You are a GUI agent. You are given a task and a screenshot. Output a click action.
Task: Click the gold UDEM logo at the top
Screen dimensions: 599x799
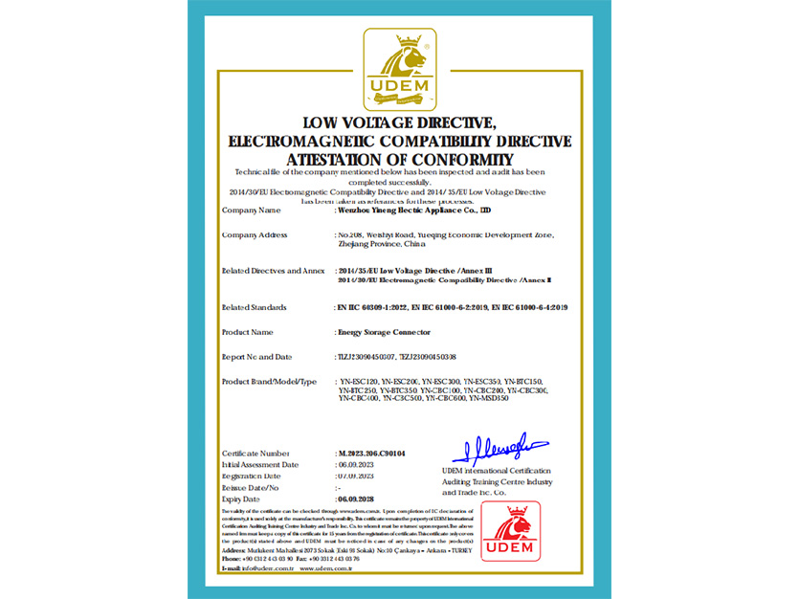(x=399, y=70)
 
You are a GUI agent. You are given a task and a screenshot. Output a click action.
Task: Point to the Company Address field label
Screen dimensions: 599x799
(x=255, y=234)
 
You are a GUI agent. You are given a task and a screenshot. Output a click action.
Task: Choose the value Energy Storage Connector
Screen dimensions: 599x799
(x=385, y=331)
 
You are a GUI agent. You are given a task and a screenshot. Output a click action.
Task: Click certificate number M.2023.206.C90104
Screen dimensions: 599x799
(x=372, y=452)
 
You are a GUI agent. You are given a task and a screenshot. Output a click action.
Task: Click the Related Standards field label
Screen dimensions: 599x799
(x=255, y=307)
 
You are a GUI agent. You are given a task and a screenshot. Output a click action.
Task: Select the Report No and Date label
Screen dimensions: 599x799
(x=257, y=356)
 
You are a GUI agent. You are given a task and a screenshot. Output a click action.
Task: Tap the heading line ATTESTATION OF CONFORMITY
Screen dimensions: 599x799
(x=400, y=159)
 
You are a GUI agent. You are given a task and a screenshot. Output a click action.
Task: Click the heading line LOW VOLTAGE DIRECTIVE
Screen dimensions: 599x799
(x=399, y=122)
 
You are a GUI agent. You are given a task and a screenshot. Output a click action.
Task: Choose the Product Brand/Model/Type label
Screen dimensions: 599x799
(x=269, y=381)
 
